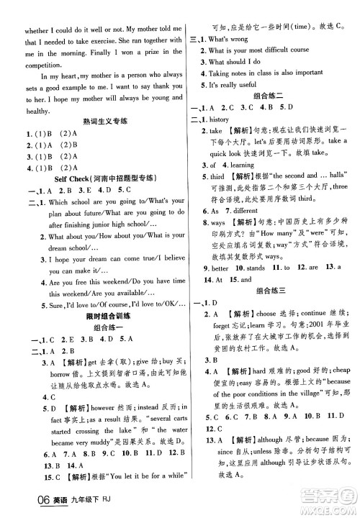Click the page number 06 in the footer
(17, 504)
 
